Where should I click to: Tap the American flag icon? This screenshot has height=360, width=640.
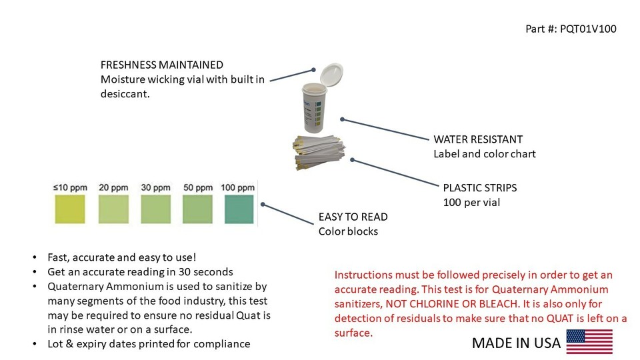point(589,341)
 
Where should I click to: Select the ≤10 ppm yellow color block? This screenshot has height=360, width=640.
point(70,208)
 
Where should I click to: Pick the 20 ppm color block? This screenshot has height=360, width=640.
point(113,208)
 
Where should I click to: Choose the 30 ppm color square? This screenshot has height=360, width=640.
point(156,208)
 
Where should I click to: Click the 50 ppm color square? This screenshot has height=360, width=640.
point(198,208)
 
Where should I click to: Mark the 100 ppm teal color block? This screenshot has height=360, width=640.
point(239,208)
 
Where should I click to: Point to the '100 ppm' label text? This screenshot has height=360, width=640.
point(238,187)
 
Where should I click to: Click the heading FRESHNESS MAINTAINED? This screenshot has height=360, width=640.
point(161,65)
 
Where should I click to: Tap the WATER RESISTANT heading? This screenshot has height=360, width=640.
point(478,139)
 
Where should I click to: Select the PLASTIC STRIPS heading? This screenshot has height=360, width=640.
point(480,187)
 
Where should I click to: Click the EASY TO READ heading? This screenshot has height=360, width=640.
point(353,217)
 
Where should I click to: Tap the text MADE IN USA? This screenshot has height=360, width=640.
point(516,343)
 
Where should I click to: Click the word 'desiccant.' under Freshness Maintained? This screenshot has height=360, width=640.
point(125,95)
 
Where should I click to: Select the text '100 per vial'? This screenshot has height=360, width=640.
point(472,202)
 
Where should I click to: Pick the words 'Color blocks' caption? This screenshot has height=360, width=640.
point(347,231)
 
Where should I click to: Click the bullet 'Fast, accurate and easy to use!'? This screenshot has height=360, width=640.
point(121,257)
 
